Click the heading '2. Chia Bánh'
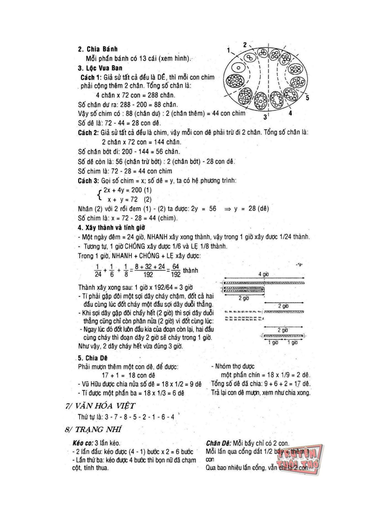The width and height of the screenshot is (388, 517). pyautogui.click(x=98, y=49)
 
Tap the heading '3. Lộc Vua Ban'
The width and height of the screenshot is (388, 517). pyautogui.click(x=100, y=68)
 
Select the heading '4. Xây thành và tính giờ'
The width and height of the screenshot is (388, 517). pyautogui.click(x=111, y=228)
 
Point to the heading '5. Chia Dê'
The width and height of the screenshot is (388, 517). pyautogui.click(x=93, y=358)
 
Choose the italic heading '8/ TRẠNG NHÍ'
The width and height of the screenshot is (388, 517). pyautogui.click(x=93, y=429)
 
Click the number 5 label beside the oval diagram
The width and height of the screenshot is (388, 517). pyautogui.click(x=307, y=98)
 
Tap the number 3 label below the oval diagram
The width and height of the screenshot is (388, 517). pyautogui.click(x=265, y=117)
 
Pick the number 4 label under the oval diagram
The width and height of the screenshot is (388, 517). pyautogui.click(x=290, y=113)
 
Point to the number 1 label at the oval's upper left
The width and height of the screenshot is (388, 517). pyautogui.click(x=229, y=50)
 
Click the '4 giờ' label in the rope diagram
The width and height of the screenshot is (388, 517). pyautogui.click(x=263, y=274)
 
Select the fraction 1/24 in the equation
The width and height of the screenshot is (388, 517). pyautogui.click(x=98, y=270)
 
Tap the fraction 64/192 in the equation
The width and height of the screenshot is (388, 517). pyautogui.click(x=176, y=270)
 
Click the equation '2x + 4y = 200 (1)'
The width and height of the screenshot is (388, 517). pyautogui.click(x=128, y=190)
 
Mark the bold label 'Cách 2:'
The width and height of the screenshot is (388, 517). pyautogui.click(x=88, y=133)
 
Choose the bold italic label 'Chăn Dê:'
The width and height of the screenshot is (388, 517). pyautogui.click(x=218, y=443)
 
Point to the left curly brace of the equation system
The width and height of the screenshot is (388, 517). pyautogui.click(x=99, y=194)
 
